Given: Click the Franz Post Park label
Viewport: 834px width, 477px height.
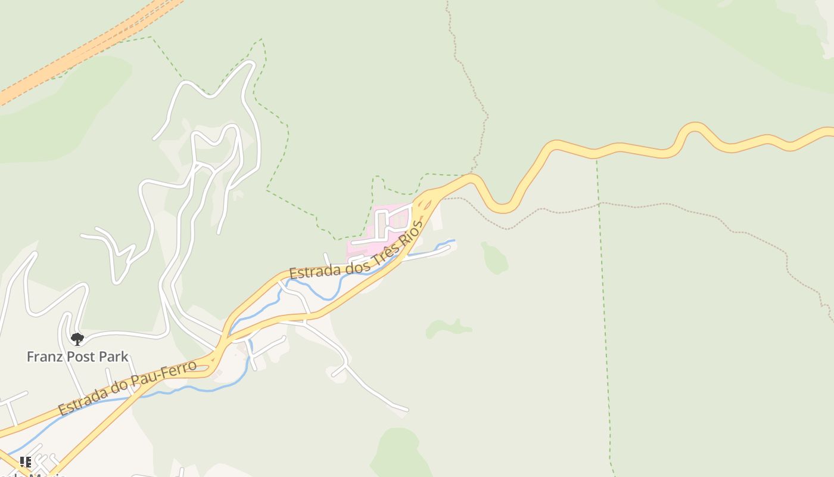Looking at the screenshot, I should pyautogui.click(x=77, y=357).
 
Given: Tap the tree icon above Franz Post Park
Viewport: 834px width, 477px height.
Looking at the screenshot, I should pyautogui.click(x=77, y=339).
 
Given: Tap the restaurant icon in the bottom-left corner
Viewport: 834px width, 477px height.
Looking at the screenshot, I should pyautogui.click(x=25, y=462).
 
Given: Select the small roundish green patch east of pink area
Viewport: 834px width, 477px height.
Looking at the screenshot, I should pyautogui.click(x=494, y=259).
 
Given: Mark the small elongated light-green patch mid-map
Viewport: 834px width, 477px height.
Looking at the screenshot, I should pyautogui.click(x=448, y=327).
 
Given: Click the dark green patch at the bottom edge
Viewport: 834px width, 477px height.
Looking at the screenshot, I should pyautogui.click(x=399, y=453).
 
